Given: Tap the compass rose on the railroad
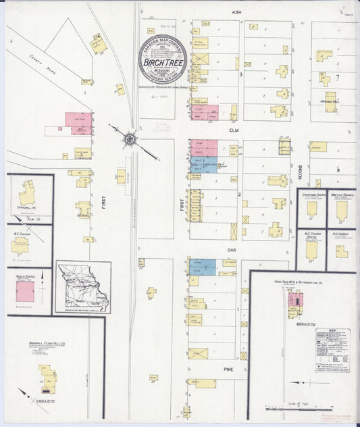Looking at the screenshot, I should (128, 139).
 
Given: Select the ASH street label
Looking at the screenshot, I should (236, 12).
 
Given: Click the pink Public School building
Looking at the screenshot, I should (26, 292).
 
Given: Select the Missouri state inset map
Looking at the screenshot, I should (83, 286).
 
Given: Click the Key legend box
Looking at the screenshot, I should (332, 350).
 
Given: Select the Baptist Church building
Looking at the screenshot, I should (342, 210).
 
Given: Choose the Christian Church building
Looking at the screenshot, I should (312, 209).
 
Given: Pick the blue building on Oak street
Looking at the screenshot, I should (203, 267).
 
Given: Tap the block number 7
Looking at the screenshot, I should (336, 78).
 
